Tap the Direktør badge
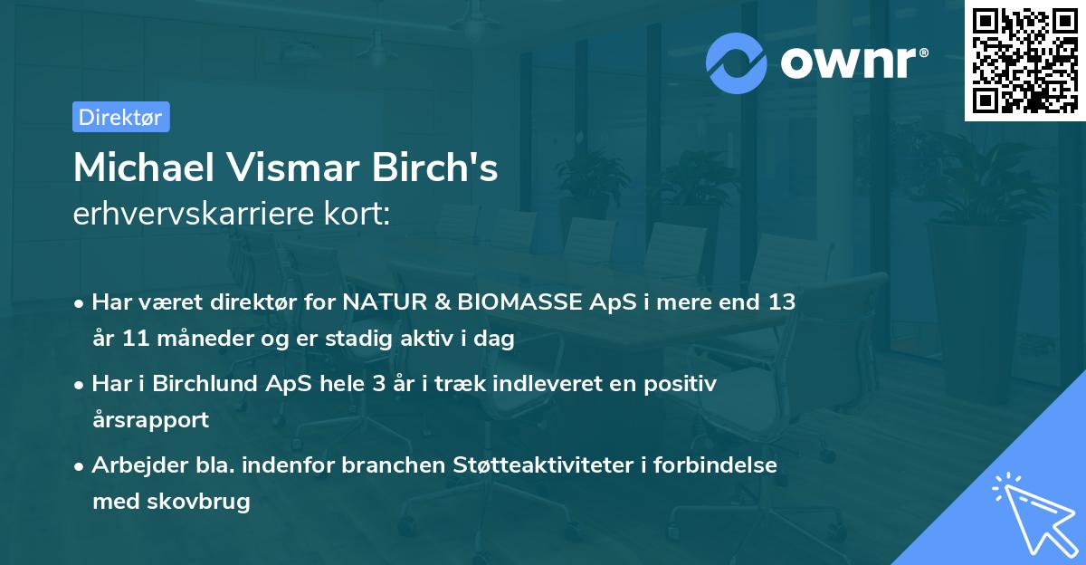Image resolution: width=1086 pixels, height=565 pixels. click(x=120, y=117)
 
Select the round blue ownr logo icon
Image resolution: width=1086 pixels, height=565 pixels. click(x=737, y=62)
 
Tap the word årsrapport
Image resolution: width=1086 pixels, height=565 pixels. click(x=150, y=420)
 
